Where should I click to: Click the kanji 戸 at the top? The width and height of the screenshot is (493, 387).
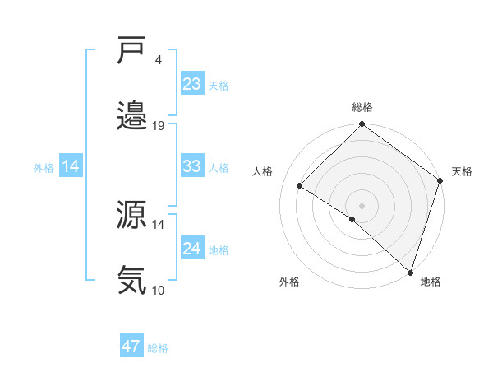(132, 52)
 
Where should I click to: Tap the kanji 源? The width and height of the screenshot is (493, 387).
(132, 217)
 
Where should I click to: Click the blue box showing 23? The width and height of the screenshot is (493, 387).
(192, 84)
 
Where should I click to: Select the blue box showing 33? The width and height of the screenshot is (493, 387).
(192, 166)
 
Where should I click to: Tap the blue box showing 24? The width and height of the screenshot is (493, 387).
(192, 249)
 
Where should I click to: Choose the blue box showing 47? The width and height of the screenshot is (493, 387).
(131, 347)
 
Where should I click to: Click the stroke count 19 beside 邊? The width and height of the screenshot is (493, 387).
(159, 126)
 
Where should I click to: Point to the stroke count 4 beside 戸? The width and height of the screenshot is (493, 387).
(157, 59)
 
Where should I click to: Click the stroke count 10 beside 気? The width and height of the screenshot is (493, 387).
(159, 290)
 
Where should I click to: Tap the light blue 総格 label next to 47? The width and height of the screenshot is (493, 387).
(158, 348)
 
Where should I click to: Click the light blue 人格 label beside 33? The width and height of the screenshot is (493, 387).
(219, 167)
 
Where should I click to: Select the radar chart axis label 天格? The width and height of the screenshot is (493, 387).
(462, 171)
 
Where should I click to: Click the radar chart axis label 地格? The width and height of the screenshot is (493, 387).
(430, 282)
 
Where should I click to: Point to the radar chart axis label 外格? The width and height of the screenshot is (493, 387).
(289, 282)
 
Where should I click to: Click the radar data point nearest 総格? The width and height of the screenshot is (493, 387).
(362, 125)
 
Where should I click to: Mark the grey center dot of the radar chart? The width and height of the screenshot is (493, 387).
(362, 205)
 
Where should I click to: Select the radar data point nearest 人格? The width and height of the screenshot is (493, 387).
(300, 186)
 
